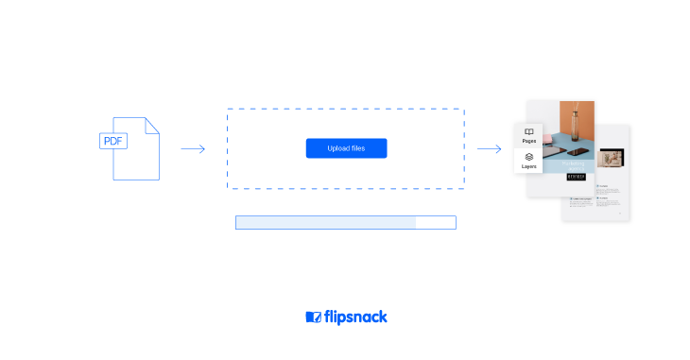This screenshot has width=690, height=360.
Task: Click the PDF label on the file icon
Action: tap(113, 142)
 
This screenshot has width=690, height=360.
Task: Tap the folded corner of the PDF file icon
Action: tap(151, 125)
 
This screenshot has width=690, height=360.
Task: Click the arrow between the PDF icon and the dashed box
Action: tap(193, 148)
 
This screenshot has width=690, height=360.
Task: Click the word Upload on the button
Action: tap(337, 148)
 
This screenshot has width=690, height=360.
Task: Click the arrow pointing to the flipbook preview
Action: tap(489, 148)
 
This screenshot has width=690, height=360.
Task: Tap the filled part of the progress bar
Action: tap(325, 223)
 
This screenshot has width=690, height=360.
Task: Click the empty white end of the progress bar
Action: tap(436, 223)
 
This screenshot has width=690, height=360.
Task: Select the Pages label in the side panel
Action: tap(528, 141)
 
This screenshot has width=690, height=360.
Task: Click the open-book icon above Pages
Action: tap(528, 131)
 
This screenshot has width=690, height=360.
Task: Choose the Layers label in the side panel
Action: tap(528, 166)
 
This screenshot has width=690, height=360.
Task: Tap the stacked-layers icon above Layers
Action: tap(528, 156)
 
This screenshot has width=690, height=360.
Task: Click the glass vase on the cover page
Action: tap(576, 124)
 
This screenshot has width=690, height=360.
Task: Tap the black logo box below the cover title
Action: tap(575, 177)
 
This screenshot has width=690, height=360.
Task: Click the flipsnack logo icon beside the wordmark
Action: tap(314, 317)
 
